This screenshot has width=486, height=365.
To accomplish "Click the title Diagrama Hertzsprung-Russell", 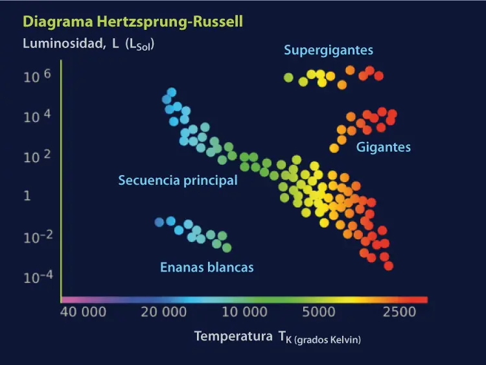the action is [133, 22].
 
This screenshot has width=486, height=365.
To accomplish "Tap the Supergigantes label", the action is [329, 51].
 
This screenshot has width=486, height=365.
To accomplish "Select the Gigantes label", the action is [384, 147].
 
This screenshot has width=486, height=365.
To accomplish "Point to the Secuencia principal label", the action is [178, 180].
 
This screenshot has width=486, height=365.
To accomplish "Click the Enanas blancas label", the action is [207, 267].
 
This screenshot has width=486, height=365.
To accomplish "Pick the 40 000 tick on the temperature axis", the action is [83, 312].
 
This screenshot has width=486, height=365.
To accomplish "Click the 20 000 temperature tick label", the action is [164, 312].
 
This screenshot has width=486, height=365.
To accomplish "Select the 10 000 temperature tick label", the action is [244, 312].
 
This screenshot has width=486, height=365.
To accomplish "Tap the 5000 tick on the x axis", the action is [319, 312].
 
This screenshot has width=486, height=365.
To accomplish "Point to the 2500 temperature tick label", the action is [399, 312].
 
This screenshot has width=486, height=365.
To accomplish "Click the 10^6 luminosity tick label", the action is [37, 76].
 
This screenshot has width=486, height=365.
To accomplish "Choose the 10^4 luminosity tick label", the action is [37, 116].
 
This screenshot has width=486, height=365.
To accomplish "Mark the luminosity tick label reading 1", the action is [27, 196].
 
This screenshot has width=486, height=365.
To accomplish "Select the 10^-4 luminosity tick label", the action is [38, 277].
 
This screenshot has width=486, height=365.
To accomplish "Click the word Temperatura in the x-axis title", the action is [233, 336].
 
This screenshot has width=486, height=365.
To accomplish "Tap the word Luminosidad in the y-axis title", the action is [62, 43].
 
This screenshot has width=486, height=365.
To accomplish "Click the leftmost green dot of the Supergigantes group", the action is [288, 78].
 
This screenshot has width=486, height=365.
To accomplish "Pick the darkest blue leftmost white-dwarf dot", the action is [159, 222].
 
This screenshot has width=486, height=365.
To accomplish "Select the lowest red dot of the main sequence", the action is [389, 266].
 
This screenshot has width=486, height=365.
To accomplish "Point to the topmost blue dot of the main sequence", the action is [172, 93].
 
